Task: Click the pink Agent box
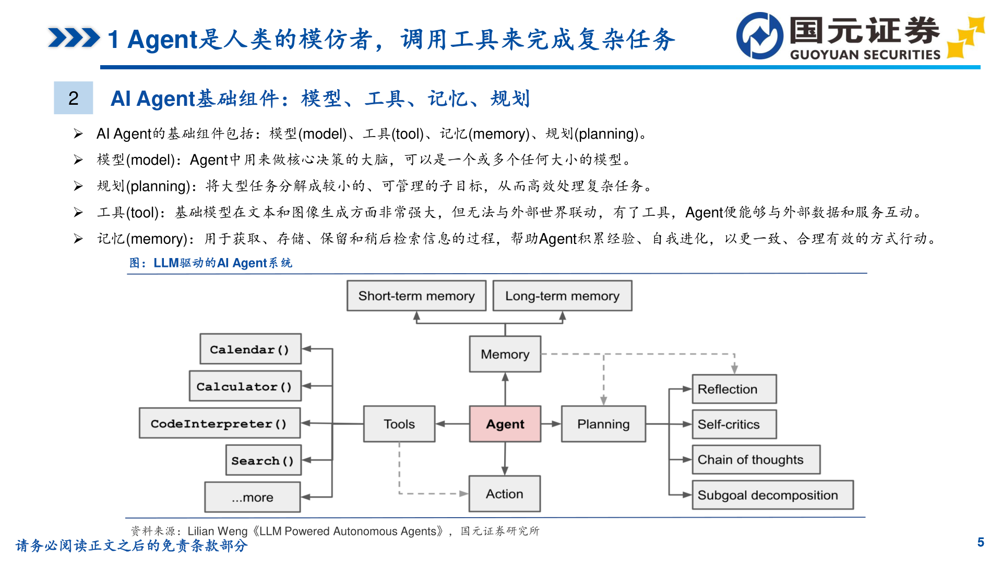click(505, 424)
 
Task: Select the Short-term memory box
click(416, 296)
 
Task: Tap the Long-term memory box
click(562, 296)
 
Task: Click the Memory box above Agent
click(505, 354)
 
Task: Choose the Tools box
click(399, 424)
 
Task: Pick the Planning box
click(603, 424)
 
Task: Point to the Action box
click(505, 494)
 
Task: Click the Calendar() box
click(250, 349)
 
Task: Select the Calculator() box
click(245, 386)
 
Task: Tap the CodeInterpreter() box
click(219, 423)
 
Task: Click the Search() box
click(263, 460)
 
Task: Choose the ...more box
click(253, 497)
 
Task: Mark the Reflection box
click(734, 389)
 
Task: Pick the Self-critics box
click(734, 424)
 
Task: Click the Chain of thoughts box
click(756, 459)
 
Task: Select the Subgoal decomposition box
click(772, 495)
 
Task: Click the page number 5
click(981, 542)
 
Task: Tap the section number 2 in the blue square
click(74, 98)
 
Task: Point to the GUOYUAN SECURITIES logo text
click(865, 55)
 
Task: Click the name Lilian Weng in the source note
click(218, 531)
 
